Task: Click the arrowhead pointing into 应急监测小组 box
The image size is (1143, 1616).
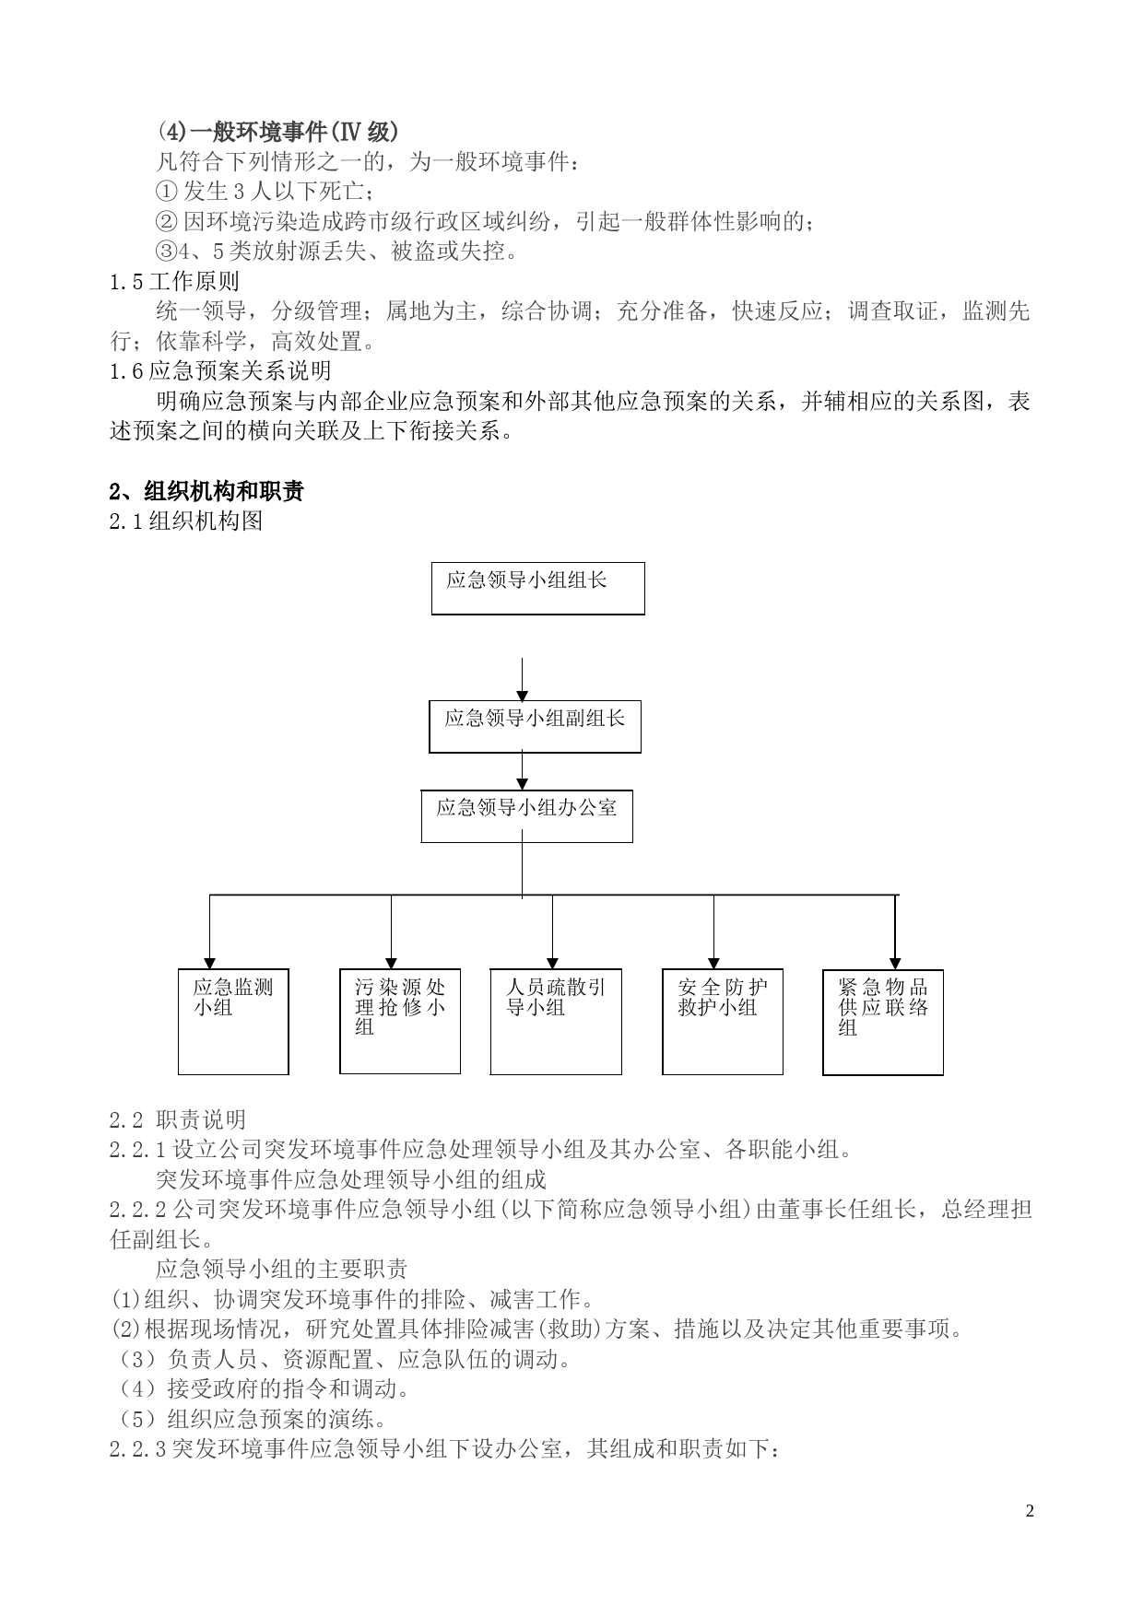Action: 210,963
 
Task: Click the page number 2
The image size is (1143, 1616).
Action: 1031,1511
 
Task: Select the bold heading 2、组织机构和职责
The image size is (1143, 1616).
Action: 206,491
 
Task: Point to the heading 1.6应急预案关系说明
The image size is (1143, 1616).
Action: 220,371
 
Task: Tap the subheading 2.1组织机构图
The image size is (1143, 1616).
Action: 186,521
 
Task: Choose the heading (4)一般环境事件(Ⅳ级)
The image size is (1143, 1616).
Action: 277,132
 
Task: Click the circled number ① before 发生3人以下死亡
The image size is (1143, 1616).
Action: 165,192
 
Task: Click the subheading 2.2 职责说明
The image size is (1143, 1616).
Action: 178,1119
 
